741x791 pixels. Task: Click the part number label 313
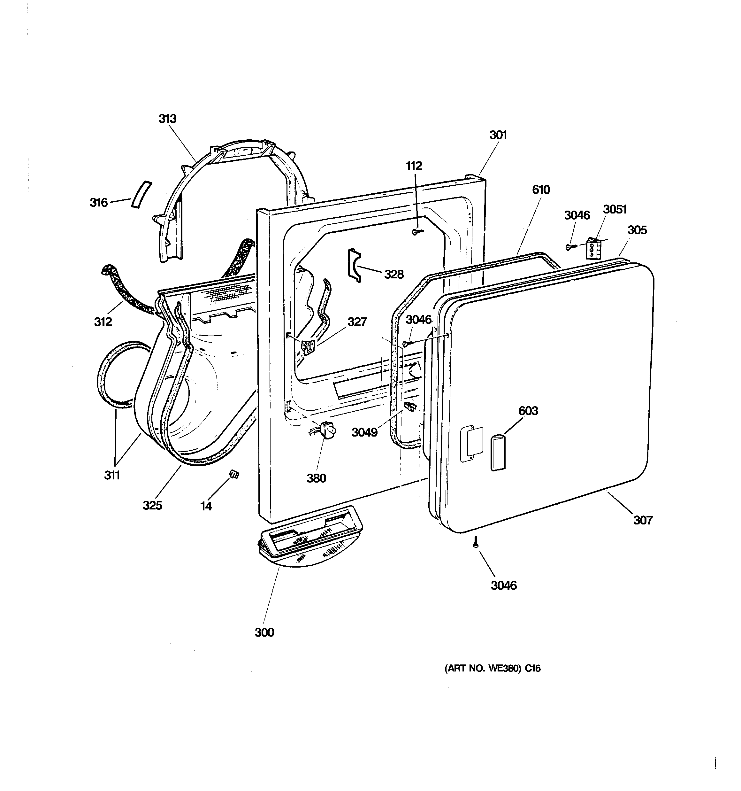[x=167, y=119]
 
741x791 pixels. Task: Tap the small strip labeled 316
[x=141, y=194]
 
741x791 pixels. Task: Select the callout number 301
[x=498, y=135]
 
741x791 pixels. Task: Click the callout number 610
[x=541, y=190]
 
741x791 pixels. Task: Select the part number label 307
[x=643, y=520]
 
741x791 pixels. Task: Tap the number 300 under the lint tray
[x=264, y=632]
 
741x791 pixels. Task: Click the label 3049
[x=364, y=432]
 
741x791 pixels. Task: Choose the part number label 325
[x=152, y=505]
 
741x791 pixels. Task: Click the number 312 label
[x=103, y=321]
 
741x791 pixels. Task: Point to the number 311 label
[x=112, y=475]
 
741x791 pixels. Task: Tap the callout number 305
[x=637, y=230]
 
